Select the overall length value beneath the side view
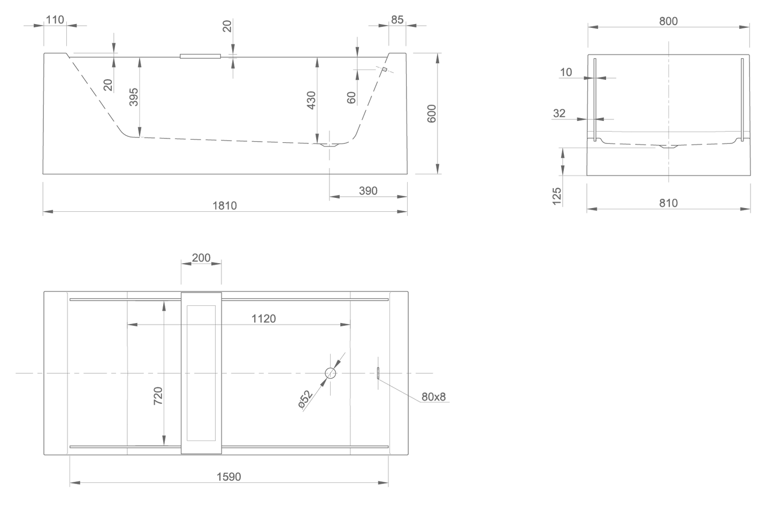coord(225,205)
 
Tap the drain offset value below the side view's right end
coord(368,190)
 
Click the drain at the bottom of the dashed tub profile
coord(329,144)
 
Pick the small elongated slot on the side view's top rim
coord(200,56)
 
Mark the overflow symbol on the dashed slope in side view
coord(383,69)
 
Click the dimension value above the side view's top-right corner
coord(397,19)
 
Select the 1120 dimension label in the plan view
coord(264,319)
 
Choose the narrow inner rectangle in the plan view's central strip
coord(202,373)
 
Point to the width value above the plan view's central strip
coord(201,258)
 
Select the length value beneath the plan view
coord(229,475)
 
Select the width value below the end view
coord(668,203)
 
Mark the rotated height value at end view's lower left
coord(557,196)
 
